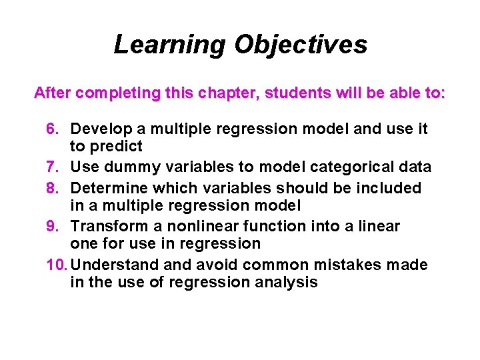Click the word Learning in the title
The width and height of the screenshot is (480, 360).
point(170,45)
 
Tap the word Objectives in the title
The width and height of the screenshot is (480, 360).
point(301,45)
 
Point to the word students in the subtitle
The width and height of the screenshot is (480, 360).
point(297,93)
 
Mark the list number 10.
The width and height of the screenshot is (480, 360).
point(57,265)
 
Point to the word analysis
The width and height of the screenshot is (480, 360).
point(289,282)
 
